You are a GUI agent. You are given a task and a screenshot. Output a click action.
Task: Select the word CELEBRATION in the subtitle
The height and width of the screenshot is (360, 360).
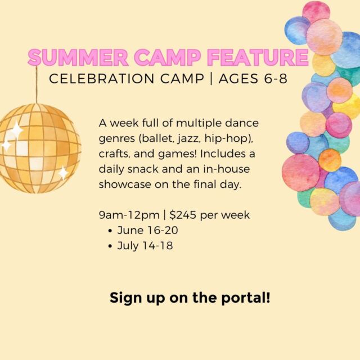(102, 79)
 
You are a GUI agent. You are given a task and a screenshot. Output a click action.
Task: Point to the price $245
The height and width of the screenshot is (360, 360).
(183, 215)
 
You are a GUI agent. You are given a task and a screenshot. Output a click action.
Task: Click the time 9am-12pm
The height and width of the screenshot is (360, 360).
(129, 215)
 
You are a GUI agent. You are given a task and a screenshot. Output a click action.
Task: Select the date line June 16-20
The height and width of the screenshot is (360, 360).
(147, 230)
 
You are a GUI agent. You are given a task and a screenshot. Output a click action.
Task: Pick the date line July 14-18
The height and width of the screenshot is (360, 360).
(145, 245)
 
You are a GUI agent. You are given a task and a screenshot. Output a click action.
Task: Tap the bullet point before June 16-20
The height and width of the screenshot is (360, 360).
(111, 231)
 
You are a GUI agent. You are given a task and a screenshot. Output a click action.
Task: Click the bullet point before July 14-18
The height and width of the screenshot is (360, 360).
(111, 246)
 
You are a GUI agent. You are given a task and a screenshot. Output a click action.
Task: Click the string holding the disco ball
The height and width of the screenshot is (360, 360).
(36, 84)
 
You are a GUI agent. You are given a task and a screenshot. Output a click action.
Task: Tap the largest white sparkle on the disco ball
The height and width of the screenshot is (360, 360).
(16, 130)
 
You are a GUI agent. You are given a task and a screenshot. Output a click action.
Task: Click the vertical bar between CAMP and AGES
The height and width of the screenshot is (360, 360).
(211, 79)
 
